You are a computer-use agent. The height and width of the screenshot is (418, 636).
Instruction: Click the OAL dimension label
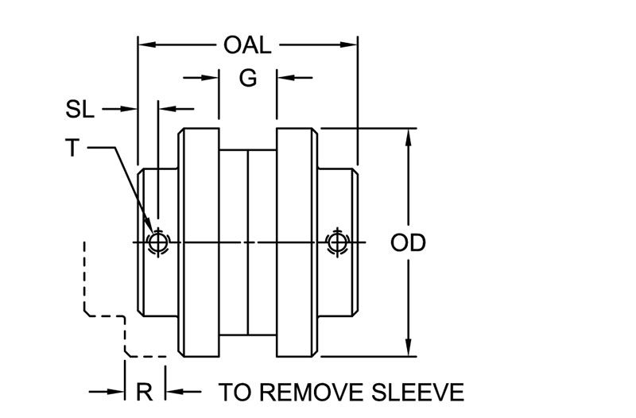coord(247,45)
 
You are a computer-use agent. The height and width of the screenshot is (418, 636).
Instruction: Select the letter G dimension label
coord(248,78)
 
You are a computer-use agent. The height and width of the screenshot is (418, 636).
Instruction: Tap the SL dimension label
coord(80,109)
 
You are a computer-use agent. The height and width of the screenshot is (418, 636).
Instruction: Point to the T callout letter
coord(72,148)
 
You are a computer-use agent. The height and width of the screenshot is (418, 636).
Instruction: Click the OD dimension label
coord(408,243)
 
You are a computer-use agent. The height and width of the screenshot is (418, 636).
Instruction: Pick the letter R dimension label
coord(145,392)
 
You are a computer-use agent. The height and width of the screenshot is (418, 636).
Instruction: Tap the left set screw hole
coord(157,242)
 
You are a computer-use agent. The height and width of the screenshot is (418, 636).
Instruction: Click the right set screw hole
coord(336,242)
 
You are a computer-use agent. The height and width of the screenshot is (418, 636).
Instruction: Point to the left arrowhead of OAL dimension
coord(147,45)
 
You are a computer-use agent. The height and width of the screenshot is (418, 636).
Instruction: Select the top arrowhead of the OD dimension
coord(409,137)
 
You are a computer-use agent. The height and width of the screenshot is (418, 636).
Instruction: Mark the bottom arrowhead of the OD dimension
coord(409,347)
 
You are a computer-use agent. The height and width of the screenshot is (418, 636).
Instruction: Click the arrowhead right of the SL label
coord(129,109)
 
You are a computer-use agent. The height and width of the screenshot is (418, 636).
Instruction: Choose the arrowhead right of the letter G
coord(285,77)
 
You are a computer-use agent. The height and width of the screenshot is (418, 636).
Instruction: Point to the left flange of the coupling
coord(199,242)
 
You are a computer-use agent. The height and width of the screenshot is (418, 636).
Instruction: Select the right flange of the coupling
coord(297,242)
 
